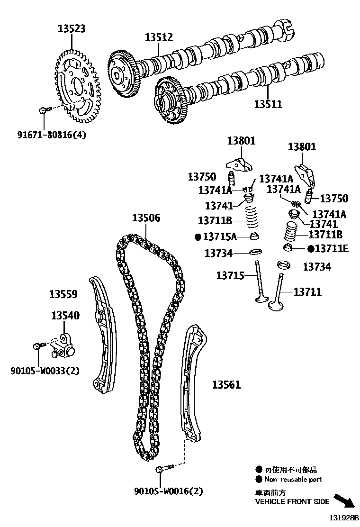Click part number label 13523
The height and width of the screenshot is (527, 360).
click(x=72, y=29)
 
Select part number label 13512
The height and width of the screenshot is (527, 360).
click(x=159, y=37)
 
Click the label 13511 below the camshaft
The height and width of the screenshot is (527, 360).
click(x=268, y=104)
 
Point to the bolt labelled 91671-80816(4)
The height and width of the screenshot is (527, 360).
click(x=42, y=110)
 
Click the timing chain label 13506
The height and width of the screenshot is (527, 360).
click(x=146, y=218)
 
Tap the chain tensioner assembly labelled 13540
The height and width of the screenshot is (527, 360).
click(x=63, y=345)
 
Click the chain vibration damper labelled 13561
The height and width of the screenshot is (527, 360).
click(x=192, y=384)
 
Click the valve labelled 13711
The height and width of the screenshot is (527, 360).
click(x=279, y=294)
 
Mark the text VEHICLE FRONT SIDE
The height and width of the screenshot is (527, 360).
click(x=292, y=501)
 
